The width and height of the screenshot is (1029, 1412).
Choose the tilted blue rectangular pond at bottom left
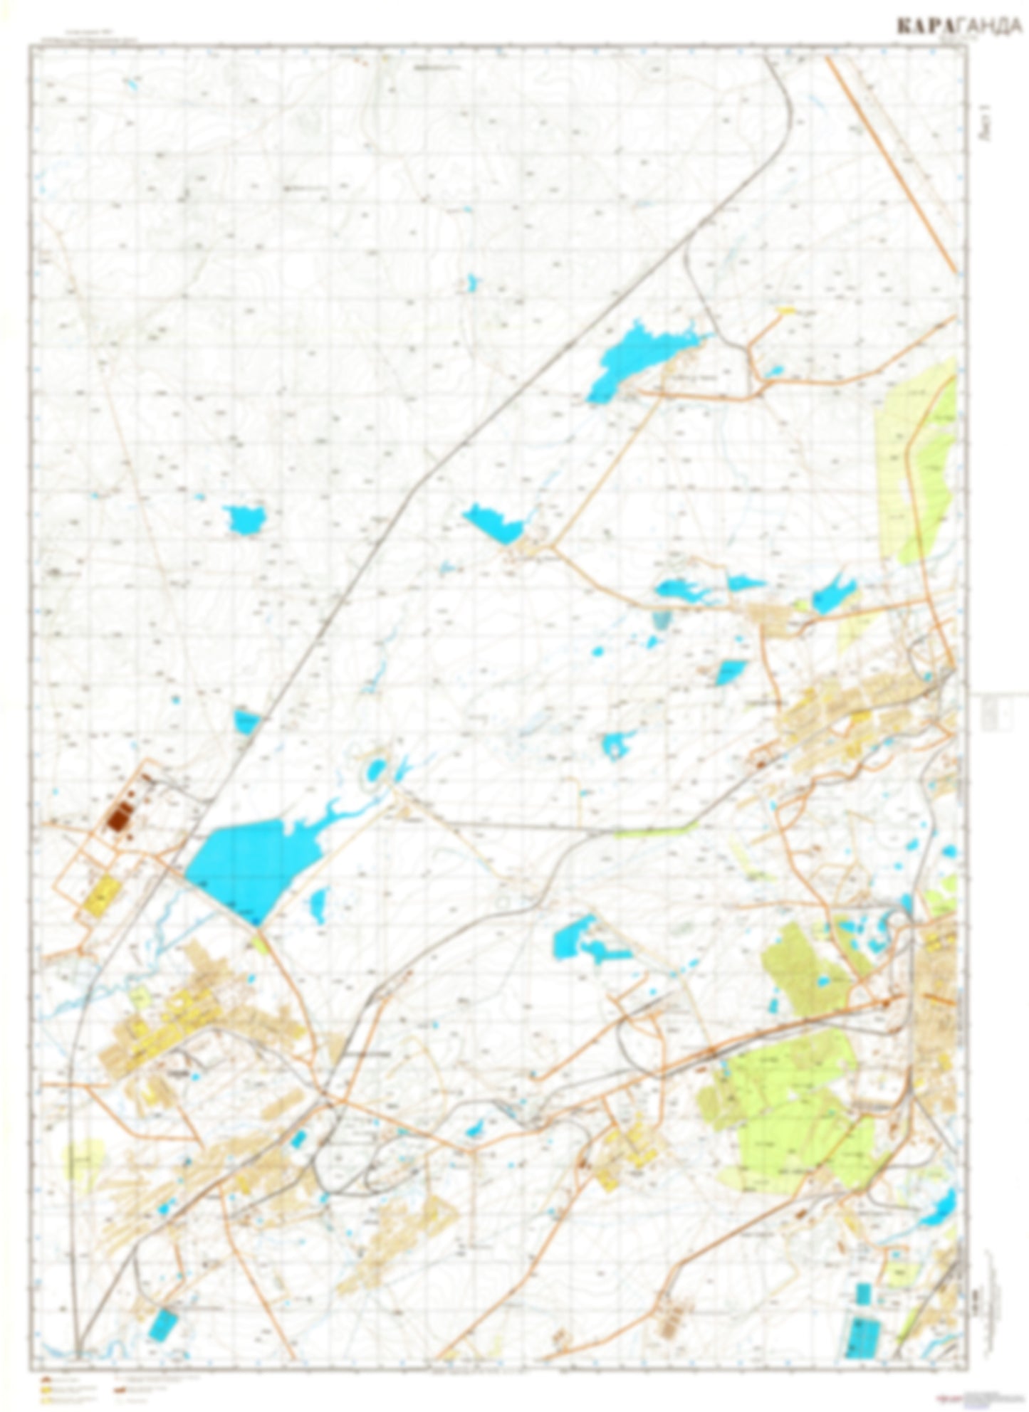point(164,1324)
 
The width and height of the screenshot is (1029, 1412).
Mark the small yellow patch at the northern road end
point(785,310)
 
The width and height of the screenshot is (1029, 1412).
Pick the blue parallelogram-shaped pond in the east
point(731,670)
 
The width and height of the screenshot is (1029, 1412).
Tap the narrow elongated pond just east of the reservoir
point(318,904)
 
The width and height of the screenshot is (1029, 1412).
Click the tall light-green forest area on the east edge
point(919,463)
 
